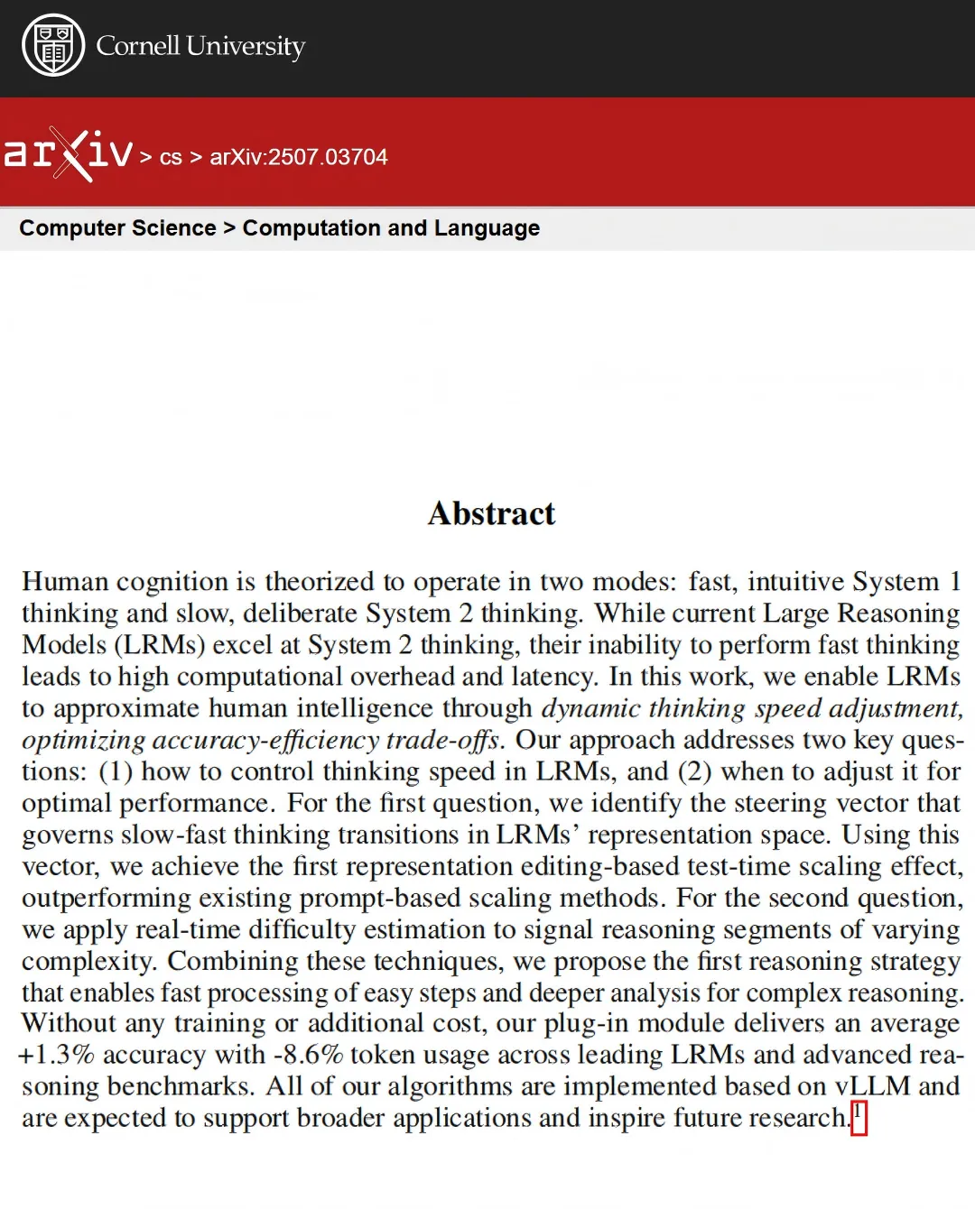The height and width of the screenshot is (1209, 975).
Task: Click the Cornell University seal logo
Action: click(x=53, y=46)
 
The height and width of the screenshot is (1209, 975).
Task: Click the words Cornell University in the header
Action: click(x=200, y=46)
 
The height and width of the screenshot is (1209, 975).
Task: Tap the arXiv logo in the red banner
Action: click(x=69, y=154)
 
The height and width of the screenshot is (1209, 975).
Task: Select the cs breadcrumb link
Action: click(x=171, y=158)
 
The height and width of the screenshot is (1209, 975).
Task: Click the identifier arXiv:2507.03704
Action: click(x=299, y=157)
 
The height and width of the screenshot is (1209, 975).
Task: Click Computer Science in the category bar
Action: click(x=117, y=228)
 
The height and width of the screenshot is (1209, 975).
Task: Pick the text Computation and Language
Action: click(x=391, y=228)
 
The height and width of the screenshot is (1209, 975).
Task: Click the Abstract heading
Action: click(x=491, y=513)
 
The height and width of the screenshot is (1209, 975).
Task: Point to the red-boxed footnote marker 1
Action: click(x=859, y=1117)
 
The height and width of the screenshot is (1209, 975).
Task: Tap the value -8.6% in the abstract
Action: click(x=307, y=1055)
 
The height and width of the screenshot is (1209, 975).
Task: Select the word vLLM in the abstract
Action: click(x=872, y=1086)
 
